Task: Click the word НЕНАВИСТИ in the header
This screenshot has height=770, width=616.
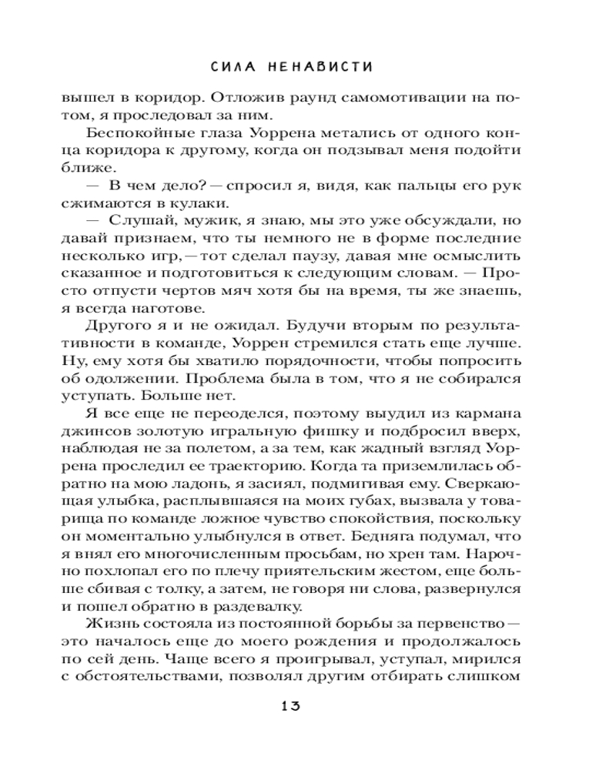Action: point(323,66)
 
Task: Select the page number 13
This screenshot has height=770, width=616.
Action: point(294,706)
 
